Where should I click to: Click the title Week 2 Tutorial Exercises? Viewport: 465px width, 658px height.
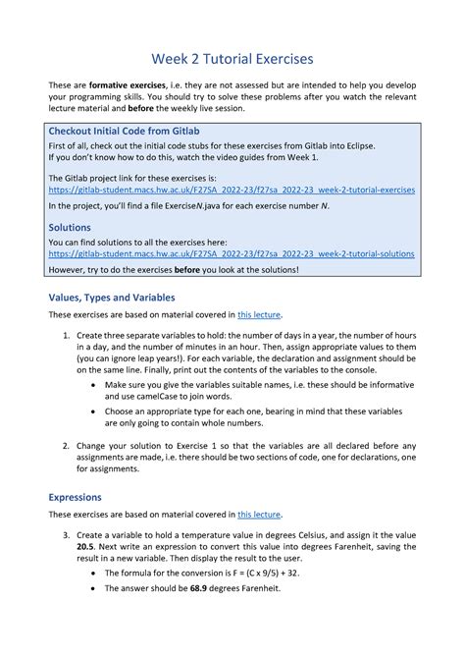pyautogui.click(x=232, y=59)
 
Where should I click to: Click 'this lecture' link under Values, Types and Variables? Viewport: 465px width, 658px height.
pyautogui.click(x=259, y=315)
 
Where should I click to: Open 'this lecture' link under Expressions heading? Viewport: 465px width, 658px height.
pyautogui.click(x=259, y=514)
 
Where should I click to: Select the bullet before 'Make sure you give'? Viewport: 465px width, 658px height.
pyautogui.click(x=92, y=387)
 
